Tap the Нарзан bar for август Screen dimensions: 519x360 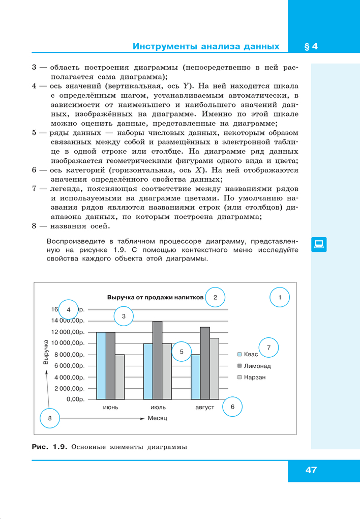point(214,368)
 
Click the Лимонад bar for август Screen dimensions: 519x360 point(205,363)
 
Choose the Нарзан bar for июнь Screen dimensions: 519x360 point(119,377)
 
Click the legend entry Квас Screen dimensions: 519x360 point(248,354)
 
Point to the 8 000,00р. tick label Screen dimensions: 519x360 point(69,355)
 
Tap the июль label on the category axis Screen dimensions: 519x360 point(158,408)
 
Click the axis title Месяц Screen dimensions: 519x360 point(158,418)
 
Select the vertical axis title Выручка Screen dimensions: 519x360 point(46,352)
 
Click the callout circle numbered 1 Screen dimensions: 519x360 point(279,297)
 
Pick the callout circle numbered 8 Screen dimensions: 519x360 point(50,418)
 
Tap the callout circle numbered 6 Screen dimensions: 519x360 point(232,407)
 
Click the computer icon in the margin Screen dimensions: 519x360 point(319,244)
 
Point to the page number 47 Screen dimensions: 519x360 point(311,470)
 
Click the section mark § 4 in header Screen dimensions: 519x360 point(311,47)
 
